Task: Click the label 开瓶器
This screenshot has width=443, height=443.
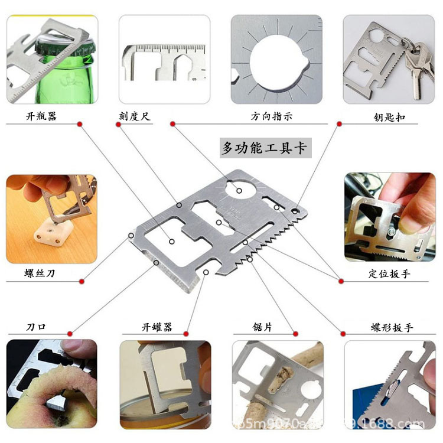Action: [41, 116]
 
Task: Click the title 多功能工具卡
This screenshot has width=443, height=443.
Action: [264, 148]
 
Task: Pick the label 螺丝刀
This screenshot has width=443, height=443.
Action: [41, 273]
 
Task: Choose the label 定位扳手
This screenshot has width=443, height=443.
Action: [389, 273]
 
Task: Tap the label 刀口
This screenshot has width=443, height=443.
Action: [36, 327]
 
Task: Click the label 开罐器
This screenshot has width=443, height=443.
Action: [157, 327]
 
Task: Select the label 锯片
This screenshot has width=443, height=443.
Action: [262, 327]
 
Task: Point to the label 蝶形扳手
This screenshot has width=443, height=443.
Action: [389, 327]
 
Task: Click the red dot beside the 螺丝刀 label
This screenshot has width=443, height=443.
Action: [80, 281]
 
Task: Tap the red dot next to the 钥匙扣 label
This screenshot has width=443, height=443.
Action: [340, 123]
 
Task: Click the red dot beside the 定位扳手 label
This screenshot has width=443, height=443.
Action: [340, 281]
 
